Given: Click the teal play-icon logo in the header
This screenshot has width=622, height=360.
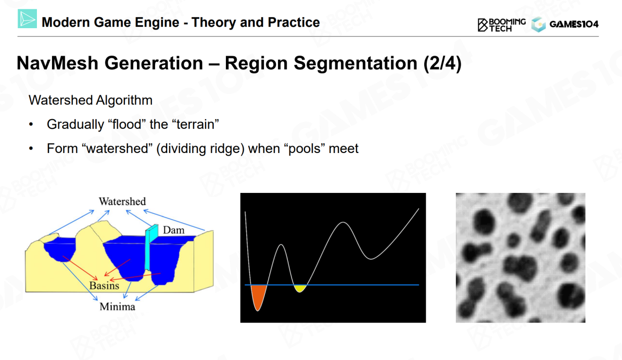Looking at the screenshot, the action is [27, 18].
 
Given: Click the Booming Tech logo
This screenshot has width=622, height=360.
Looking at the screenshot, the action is [501, 25].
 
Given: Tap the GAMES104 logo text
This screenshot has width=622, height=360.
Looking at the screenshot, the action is [574, 24].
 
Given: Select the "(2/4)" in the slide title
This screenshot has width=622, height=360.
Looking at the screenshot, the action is [442, 63].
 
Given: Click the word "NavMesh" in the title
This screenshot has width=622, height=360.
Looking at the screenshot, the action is [57, 63].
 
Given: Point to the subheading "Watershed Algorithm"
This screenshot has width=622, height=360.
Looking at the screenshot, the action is [90, 100].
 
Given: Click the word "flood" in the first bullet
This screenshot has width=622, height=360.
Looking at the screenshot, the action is [128, 124].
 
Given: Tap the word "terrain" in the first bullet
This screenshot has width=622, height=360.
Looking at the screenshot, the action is [197, 124].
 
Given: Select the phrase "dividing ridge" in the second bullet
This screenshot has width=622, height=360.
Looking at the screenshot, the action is [200, 149].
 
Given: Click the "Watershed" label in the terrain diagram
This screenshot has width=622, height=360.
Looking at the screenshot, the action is [122, 201].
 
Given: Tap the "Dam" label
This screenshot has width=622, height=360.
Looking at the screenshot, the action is [173, 230].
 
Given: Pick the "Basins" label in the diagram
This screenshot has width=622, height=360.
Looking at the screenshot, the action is [104, 286].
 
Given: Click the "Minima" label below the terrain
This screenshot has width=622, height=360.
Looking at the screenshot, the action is [118, 307].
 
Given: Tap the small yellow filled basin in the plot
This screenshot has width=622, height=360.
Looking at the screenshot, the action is [300, 288].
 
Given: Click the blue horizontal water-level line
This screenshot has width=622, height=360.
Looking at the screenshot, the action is [332, 285].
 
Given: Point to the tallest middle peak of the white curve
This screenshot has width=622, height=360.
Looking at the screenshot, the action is [344, 223].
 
